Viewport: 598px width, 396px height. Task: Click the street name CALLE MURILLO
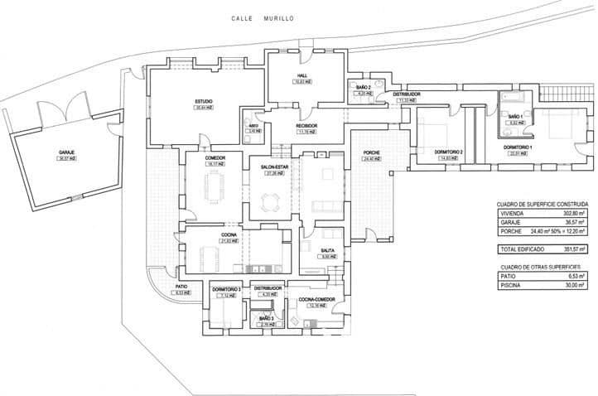coord(263,17)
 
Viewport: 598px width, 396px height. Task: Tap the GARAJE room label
coord(66,153)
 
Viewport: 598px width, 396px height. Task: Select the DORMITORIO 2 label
coord(448,152)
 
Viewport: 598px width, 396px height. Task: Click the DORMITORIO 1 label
coord(519,147)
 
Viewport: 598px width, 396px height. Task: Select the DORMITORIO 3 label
coord(226,289)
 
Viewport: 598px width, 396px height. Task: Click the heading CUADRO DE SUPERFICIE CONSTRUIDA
coord(543,203)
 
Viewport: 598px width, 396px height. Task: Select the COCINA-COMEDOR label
coord(315,300)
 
